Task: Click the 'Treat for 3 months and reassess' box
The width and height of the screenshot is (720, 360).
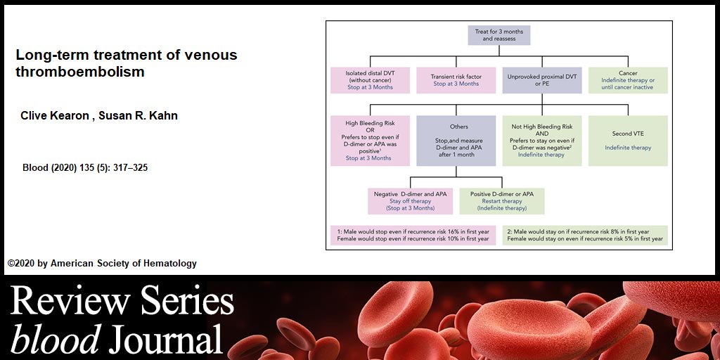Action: click(x=499, y=36)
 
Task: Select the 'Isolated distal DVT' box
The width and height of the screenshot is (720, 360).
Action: click(x=370, y=79)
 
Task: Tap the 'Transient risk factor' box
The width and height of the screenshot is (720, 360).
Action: click(x=456, y=79)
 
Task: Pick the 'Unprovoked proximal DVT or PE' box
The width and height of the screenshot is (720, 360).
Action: click(x=541, y=79)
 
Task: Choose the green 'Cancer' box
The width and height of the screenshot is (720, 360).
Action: click(x=628, y=79)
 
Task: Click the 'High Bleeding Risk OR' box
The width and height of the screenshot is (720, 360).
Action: click(x=370, y=141)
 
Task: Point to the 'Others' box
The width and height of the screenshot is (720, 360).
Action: click(x=456, y=141)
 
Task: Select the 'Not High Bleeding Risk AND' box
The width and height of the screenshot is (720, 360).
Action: click(x=541, y=141)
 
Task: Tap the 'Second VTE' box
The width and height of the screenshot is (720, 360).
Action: click(x=628, y=141)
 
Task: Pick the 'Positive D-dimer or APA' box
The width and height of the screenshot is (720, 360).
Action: click(x=502, y=200)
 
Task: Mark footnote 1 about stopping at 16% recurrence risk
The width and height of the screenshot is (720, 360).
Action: click(x=413, y=235)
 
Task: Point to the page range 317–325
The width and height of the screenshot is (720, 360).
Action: click(x=130, y=168)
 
